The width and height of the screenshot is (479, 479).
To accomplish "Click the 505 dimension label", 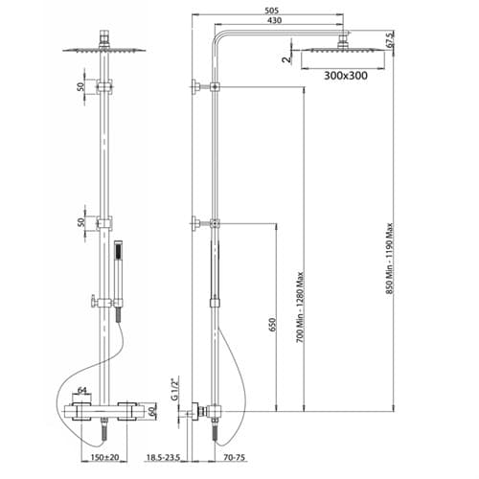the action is pos(272,11).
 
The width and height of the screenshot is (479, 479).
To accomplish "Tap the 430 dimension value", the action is pos(275,20).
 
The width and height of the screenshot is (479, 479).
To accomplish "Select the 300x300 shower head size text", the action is pos(346,76).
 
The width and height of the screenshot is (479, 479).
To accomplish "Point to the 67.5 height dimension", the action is pos(390,40).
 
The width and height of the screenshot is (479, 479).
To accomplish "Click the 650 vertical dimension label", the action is pos(272,325).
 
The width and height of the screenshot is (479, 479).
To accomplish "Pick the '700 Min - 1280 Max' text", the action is pos(300,308).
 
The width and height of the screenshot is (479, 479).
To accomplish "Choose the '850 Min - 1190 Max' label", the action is pos(390,261).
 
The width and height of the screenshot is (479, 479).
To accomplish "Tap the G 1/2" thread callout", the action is pos(174,389).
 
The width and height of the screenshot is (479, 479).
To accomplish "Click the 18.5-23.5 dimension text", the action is pos(163,457).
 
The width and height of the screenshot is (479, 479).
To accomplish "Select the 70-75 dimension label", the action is pos(235,457).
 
